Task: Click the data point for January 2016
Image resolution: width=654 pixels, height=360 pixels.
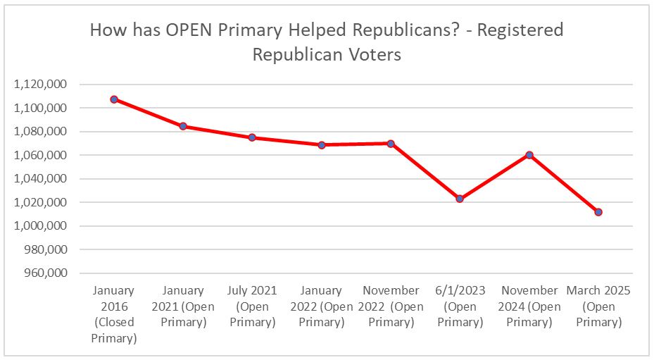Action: tap(113, 99)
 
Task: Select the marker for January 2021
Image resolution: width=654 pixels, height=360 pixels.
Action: tap(183, 126)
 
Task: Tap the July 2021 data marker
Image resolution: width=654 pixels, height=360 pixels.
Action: tap(252, 137)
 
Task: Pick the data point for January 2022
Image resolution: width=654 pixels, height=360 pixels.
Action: tap(321, 145)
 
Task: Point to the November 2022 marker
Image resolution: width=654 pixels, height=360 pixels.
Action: tap(391, 143)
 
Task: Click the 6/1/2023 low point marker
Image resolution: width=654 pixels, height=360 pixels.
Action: tap(460, 199)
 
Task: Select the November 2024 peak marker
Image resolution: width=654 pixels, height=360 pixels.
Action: tap(529, 155)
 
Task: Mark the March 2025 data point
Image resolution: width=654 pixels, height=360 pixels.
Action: tap(598, 212)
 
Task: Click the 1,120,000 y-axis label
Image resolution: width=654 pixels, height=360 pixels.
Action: tap(40, 85)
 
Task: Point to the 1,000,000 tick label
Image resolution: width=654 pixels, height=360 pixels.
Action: tap(40, 226)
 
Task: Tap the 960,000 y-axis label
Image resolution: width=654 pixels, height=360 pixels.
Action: tap(45, 273)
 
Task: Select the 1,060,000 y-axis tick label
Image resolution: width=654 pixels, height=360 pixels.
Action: tap(40, 155)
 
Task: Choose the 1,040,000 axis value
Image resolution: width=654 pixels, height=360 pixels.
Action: tap(40, 179)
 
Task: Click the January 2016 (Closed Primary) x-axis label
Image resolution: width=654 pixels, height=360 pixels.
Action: tap(113, 314)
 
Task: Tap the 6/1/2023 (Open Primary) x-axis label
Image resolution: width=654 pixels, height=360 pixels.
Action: tap(460, 306)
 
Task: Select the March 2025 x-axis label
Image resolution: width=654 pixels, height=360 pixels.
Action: tap(598, 306)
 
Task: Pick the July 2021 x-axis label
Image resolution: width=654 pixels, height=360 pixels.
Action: tap(252, 306)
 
